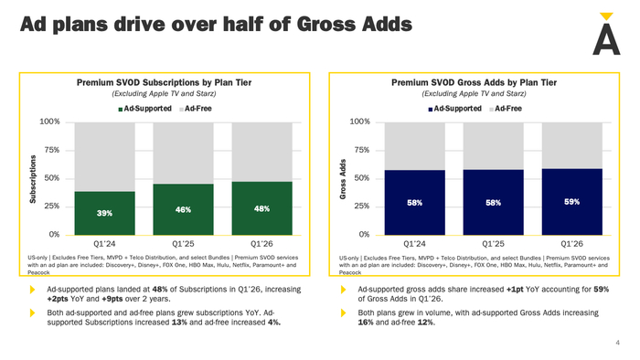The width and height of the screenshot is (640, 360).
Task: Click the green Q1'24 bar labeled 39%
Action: tap(104, 213)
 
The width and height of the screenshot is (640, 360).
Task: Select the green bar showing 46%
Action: tap(183, 209)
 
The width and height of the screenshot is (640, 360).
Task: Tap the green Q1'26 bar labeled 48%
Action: tap(262, 208)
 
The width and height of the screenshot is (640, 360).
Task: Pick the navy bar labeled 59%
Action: tap(571, 202)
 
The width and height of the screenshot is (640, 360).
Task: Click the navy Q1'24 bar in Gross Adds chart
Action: tap(415, 203)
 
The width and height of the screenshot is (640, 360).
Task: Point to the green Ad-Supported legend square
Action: tap(121, 110)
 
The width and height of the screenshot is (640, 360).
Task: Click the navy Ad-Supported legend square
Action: tap(431, 110)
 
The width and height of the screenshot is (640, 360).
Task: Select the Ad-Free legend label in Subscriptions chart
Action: tap(198, 109)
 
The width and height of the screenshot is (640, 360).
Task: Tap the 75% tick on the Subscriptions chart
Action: tap(52, 150)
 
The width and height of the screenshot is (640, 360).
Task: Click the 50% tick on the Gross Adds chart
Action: tap(362, 178)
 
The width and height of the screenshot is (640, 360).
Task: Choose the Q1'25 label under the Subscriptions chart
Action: tap(183, 244)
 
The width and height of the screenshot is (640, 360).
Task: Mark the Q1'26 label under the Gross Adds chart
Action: tap(571, 244)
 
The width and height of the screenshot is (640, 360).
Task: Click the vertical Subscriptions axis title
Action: tap(33, 179)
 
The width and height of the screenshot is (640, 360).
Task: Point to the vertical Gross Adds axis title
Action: tap(343, 179)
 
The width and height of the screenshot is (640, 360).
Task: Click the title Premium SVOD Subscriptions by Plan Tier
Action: tap(164, 83)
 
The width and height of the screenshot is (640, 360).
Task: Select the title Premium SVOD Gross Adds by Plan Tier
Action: tap(475, 83)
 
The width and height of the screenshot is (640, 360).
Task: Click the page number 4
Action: tap(617, 343)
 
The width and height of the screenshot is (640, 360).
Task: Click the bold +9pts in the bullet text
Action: tap(112, 299)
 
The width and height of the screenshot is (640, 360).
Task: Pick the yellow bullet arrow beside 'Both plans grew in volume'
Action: tap(344, 312)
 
